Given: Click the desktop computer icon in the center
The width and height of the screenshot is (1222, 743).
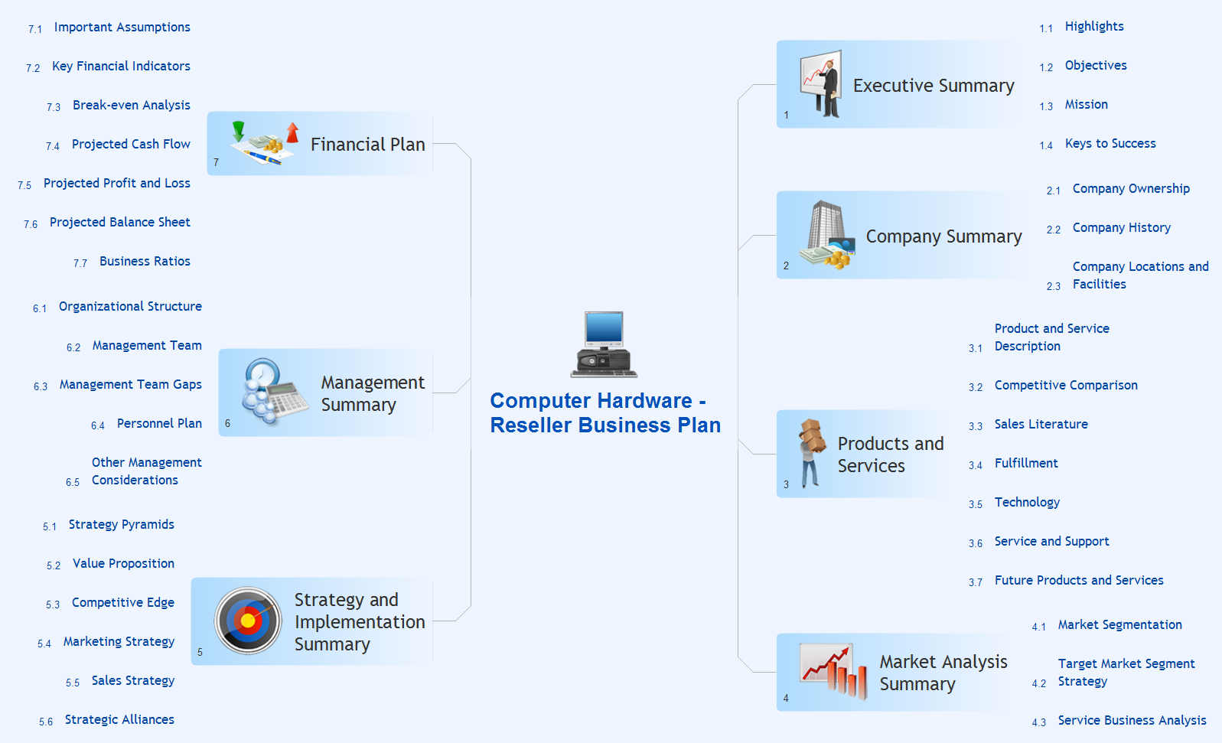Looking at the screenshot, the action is [x=604, y=344].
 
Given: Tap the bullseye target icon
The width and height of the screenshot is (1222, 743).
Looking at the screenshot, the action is [x=248, y=621].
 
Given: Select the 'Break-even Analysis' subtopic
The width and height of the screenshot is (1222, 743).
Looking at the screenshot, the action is [x=132, y=105].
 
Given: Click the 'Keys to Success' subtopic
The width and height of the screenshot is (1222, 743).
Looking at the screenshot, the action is [x=1110, y=143].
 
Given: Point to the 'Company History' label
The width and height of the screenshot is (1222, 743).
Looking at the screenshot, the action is [x=1122, y=227].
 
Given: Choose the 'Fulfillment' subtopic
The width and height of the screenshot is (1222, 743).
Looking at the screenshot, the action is [x=1026, y=463].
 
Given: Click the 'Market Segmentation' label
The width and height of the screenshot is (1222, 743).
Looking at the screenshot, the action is [x=1120, y=624].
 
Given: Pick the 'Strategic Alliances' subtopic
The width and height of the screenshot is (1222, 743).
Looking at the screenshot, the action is [x=119, y=719].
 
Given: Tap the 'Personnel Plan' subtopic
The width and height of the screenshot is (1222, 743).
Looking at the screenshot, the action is [x=159, y=423].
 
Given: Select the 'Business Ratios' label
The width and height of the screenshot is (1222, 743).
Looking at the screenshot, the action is [x=145, y=261].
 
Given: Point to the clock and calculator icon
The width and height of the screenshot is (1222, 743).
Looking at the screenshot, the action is [x=274, y=390].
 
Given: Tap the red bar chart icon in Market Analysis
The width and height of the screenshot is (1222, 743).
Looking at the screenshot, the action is [x=833, y=670].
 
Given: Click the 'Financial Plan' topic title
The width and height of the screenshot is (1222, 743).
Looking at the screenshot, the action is [x=368, y=145].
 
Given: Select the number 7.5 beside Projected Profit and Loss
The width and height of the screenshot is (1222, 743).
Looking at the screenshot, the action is [x=24, y=185].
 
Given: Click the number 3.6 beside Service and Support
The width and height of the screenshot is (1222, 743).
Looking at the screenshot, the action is [x=976, y=543].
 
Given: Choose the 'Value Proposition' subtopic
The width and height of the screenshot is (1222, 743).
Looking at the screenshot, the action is [x=123, y=563].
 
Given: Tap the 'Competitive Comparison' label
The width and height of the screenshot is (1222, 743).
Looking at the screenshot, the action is [x=1066, y=385].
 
